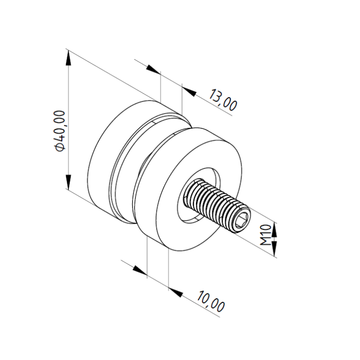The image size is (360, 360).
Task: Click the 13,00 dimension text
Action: tap(223, 100)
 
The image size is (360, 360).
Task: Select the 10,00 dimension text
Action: tap(211, 301)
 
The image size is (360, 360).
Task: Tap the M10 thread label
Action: tap(266, 235)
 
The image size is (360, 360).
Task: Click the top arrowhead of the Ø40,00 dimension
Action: tap(68, 58)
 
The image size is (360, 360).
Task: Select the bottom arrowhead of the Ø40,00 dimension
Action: tap(68, 182)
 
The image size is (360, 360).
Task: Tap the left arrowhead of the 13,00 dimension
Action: tap(153, 69)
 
